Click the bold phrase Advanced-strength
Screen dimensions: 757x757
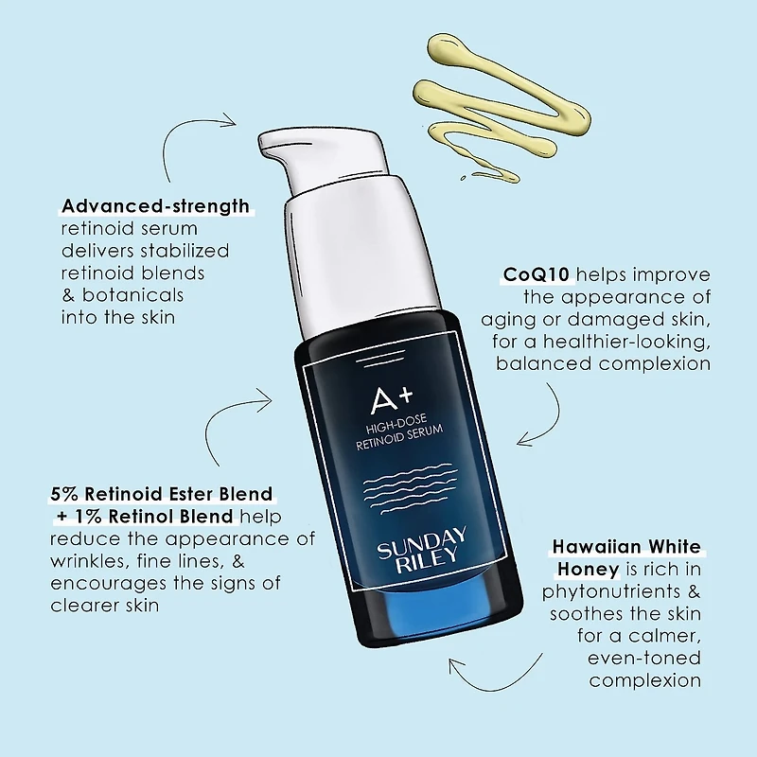pos(155,205)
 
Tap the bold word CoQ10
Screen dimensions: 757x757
pos(537,274)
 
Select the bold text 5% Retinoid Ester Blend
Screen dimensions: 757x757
pos(161,494)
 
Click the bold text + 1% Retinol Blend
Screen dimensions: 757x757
pos(142,517)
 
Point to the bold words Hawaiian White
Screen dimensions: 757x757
pos(627,548)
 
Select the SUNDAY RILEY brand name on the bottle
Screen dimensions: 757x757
pos(421,545)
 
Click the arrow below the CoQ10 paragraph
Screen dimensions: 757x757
pos(549,416)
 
